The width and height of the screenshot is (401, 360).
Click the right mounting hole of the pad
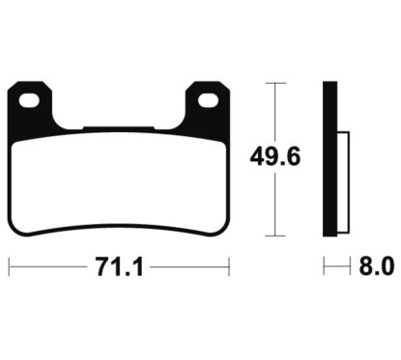coord(206,98)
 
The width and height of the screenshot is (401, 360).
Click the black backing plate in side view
coord(329,159)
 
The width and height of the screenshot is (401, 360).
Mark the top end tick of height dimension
coord(277,85)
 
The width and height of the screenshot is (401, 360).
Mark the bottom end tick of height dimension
coord(277,235)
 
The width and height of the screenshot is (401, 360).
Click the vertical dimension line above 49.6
coord(277,111)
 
